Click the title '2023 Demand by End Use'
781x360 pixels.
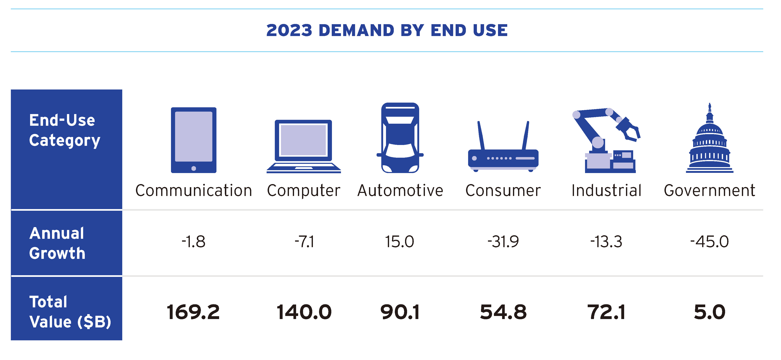387,30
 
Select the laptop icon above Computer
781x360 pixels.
303,146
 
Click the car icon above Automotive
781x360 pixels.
400,138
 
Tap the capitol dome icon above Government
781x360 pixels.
710,143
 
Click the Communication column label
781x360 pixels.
194,190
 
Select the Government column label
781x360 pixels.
710,190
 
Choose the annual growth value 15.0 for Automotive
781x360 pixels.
400,242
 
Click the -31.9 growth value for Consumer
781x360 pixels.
503,242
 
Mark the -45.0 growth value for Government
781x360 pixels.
710,242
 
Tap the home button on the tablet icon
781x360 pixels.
194,168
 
